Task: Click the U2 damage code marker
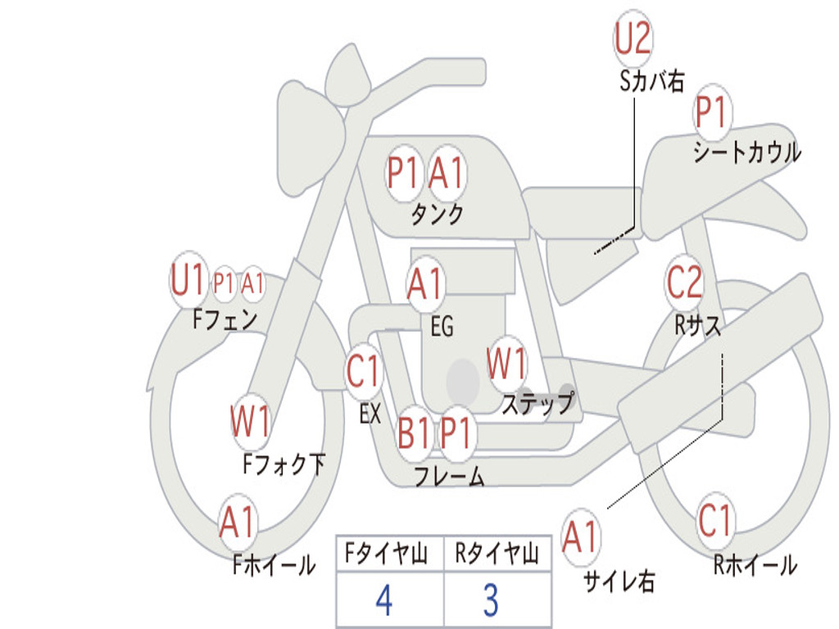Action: (x=633, y=38)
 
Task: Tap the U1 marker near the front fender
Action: (x=188, y=280)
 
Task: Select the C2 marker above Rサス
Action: (x=684, y=282)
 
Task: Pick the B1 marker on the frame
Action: (x=413, y=432)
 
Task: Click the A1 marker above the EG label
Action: (x=425, y=283)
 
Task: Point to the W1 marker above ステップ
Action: (x=506, y=363)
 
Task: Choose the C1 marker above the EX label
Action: (x=363, y=371)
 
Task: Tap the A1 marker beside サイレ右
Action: (x=581, y=536)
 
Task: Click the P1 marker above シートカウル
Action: (x=713, y=112)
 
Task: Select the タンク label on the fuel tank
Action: (x=438, y=214)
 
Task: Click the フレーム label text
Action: (x=450, y=476)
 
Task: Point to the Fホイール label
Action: (x=274, y=565)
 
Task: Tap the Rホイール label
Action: (x=755, y=565)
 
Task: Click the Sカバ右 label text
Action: (x=651, y=82)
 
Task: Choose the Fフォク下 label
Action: (x=284, y=464)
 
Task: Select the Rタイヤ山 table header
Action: (x=497, y=554)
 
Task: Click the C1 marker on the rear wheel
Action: (x=714, y=520)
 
